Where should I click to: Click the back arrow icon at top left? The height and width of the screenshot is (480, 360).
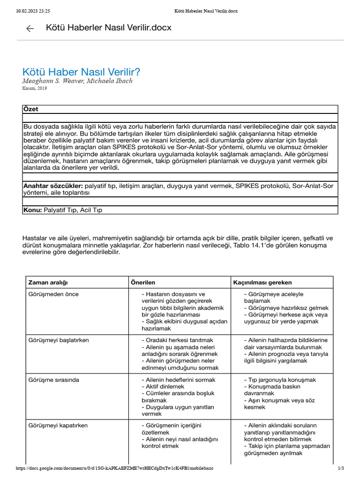pyautogui.click(x=30, y=29)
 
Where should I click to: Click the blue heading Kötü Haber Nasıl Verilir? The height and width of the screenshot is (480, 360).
pyautogui.click(x=81, y=72)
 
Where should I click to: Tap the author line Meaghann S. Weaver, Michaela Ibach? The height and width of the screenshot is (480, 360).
pyautogui.click(x=77, y=81)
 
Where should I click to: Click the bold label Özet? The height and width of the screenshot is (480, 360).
pyautogui.click(x=31, y=109)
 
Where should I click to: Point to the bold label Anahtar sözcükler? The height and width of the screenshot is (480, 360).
pyautogui.click(x=53, y=186)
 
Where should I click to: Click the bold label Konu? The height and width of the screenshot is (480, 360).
pyautogui.click(x=33, y=210)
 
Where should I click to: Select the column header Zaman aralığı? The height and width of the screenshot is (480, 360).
pyautogui.click(x=48, y=283)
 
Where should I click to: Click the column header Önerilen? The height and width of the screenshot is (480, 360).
pyautogui.click(x=143, y=283)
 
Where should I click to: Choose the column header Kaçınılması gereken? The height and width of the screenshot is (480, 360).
pyautogui.click(x=262, y=283)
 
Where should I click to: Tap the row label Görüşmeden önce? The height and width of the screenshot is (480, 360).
pyautogui.click(x=53, y=294)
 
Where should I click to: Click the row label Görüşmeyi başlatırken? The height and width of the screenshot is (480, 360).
pyautogui.click(x=59, y=340)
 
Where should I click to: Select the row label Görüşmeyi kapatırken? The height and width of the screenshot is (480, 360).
pyautogui.click(x=58, y=426)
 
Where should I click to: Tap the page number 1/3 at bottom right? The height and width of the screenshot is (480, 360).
pyautogui.click(x=341, y=468)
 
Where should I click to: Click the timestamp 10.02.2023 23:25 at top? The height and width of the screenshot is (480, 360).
pyautogui.click(x=33, y=11)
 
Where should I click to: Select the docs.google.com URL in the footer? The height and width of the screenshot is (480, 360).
pyautogui.click(x=117, y=468)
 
